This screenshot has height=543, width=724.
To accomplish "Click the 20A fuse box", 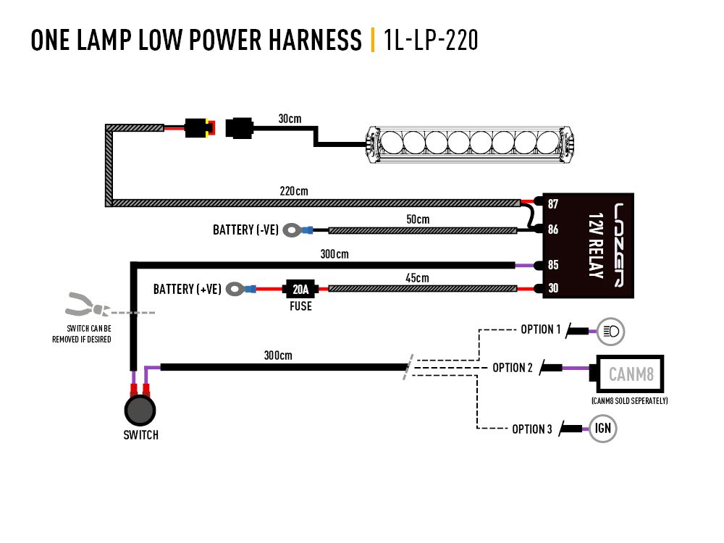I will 300,290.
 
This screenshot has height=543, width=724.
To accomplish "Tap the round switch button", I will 139,411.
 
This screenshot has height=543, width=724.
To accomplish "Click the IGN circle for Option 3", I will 603,428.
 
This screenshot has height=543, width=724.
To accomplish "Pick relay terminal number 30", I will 552,289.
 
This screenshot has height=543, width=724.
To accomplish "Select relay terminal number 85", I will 552,265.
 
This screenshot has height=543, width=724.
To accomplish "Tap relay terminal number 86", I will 552,230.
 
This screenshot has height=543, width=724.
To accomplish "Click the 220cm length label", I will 294,192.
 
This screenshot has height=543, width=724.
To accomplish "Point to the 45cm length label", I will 417,278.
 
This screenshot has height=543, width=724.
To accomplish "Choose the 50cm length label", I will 417,219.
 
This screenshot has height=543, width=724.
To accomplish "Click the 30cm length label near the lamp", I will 290,118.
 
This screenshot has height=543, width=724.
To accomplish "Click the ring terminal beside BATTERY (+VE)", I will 236,290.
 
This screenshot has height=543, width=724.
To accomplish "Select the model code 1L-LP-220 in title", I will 432,41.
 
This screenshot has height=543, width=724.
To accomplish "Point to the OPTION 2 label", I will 513,368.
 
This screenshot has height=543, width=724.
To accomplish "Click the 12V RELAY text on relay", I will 596,246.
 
